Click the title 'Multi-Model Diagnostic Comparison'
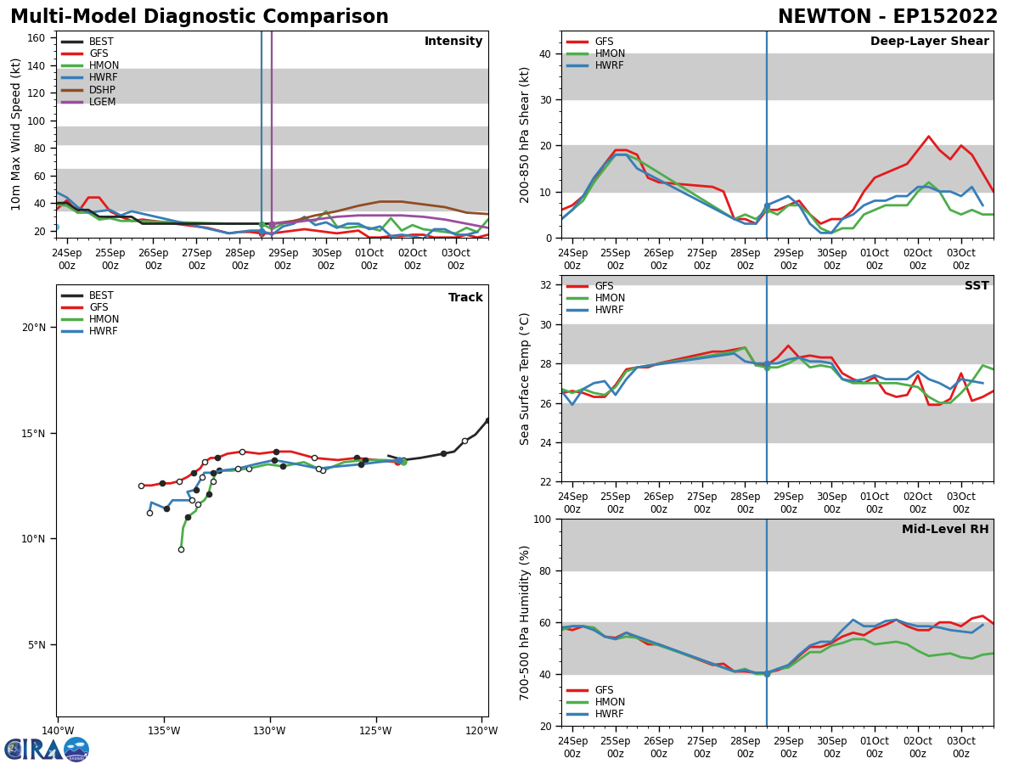[x=199, y=17]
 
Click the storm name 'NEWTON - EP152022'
[x=887, y=17]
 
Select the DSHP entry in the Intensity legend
[x=101, y=90]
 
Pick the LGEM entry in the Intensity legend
[x=101, y=102]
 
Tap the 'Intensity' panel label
[x=453, y=42]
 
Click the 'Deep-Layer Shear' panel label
[x=929, y=42]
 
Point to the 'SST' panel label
[x=976, y=286]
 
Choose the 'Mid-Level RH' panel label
[x=944, y=530]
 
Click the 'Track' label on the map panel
[x=465, y=298]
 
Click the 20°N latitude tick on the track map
[x=34, y=328]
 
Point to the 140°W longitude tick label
[x=58, y=731]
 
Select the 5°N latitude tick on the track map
[x=37, y=644]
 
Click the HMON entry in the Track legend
[x=104, y=319]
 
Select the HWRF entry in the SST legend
[x=609, y=310]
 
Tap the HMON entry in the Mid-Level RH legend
[x=609, y=702]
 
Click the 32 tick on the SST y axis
[x=547, y=285]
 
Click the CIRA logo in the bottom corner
[x=47, y=749]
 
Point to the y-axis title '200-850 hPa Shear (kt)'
[x=526, y=134]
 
